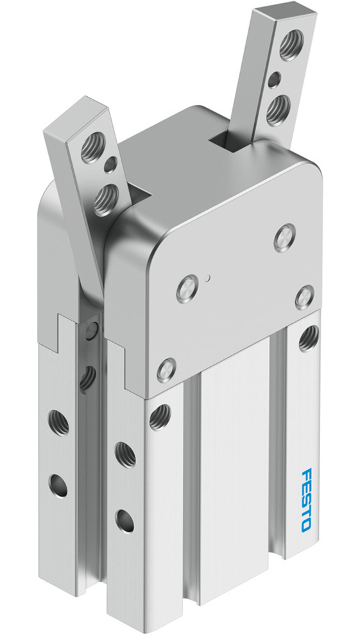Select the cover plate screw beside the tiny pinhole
click(x=185, y=286)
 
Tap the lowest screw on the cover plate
click(x=166, y=370)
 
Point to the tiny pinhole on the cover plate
click(x=209, y=278)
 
